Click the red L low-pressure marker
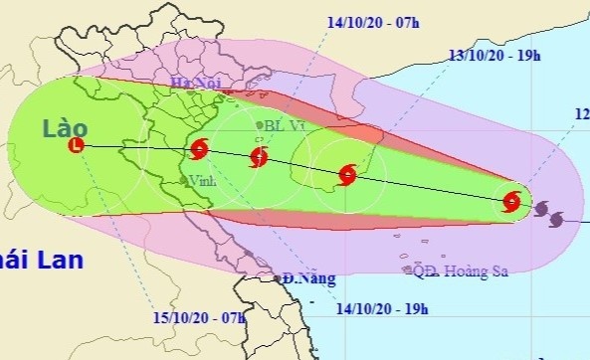(76, 146)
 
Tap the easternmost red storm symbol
(511, 202)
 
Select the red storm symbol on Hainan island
(347, 175)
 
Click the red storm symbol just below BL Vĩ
(259, 156)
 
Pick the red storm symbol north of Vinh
(198, 150)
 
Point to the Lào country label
(66, 127)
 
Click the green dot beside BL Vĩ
(261, 125)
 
